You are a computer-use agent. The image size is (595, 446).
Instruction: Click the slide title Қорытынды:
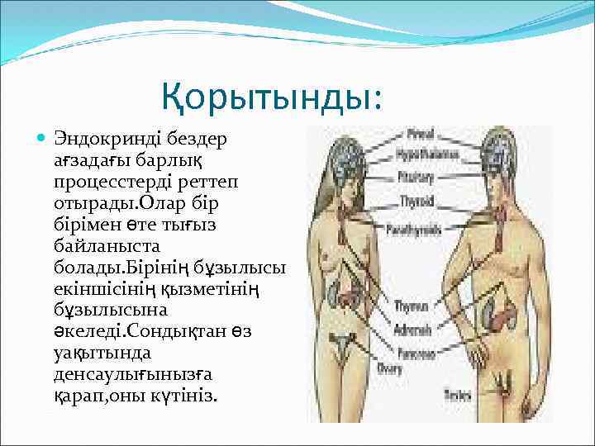click(272, 97)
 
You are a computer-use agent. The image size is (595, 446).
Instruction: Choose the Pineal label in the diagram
click(421, 133)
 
